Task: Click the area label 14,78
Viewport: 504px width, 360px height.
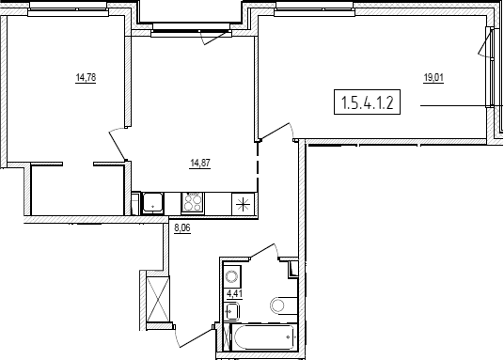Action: click(86, 78)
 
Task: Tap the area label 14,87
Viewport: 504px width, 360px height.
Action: click(200, 164)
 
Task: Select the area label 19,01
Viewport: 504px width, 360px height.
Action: click(433, 78)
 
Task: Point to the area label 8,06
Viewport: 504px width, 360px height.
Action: click(182, 227)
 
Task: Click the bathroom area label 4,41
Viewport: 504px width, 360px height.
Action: click(235, 294)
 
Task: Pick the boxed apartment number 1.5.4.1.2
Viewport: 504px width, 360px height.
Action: click(367, 102)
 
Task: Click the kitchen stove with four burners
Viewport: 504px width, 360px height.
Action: click(192, 202)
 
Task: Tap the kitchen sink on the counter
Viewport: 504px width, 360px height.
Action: click(153, 202)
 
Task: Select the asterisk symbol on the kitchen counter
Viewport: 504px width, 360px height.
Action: click(243, 204)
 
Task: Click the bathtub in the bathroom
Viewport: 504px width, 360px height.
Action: click(264, 337)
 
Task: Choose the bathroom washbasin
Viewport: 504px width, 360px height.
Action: click(231, 312)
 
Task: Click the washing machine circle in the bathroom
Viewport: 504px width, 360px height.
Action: click(231, 276)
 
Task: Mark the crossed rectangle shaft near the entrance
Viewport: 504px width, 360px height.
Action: click(158, 299)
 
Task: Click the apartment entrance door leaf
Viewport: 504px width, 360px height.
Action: click(196, 337)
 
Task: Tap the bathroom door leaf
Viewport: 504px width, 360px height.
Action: click(262, 250)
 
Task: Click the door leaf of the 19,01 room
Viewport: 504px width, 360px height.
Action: click(276, 132)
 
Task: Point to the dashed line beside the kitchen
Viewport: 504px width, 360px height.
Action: click(258, 165)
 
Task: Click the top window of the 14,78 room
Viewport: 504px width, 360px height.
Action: click(68, 13)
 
